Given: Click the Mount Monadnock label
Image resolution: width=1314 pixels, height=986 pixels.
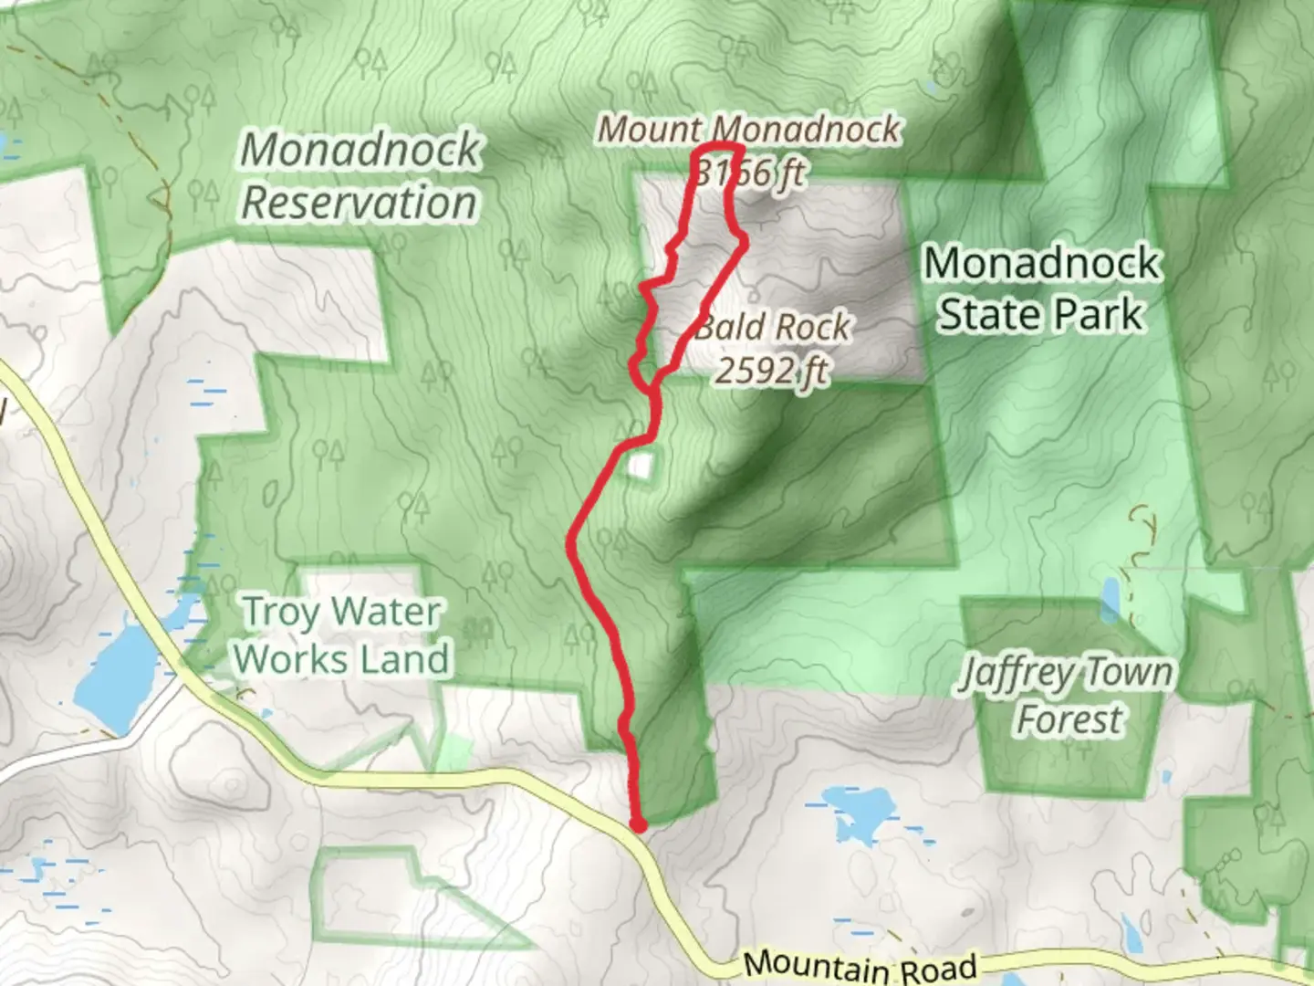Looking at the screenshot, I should click(x=748, y=130).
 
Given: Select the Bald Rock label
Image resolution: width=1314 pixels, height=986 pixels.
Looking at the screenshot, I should click(x=773, y=327).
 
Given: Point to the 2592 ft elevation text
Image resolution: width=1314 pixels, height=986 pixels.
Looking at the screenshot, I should click(x=773, y=371).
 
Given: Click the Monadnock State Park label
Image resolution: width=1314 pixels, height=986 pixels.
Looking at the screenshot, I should click(x=1041, y=288).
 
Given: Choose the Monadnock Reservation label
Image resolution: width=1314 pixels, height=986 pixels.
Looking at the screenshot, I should click(x=360, y=176).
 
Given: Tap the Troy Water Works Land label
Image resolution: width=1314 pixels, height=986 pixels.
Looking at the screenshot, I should click(x=341, y=635).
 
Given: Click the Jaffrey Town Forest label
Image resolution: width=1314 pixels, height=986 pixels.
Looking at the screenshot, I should click(x=1067, y=696).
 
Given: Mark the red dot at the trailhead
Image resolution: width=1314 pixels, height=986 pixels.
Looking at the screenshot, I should click(x=639, y=825).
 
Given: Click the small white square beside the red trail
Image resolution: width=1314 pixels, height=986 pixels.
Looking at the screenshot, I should click(x=641, y=467).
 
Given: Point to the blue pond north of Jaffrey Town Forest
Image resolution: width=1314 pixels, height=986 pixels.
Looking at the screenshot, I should click(x=1111, y=599).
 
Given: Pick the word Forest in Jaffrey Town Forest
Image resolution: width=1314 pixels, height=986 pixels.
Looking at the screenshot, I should click(x=1069, y=719).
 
